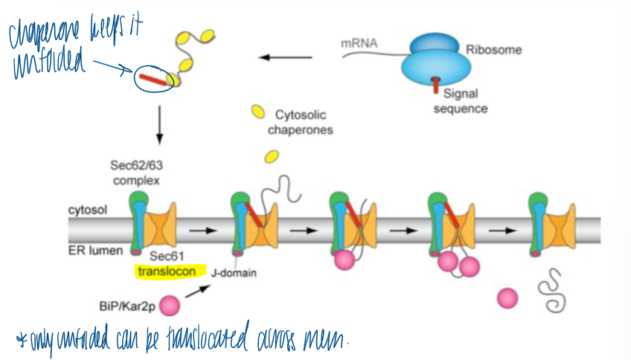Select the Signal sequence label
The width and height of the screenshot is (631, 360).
(x=461, y=101)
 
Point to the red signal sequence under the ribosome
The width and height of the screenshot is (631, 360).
(x=437, y=86)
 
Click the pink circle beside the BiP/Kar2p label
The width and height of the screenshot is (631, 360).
(x=170, y=305)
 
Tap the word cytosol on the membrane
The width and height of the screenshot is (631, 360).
(x=86, y=210)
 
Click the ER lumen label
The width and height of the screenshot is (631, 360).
(x=90, y=251)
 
